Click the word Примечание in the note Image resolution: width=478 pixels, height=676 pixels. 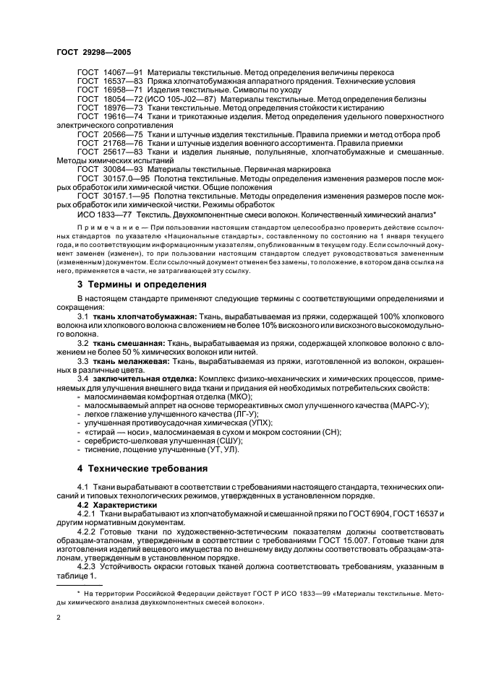[x=103, y=226]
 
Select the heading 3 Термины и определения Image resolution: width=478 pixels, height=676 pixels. [x=142, y=285]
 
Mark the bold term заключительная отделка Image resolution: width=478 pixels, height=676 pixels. [x=137, y=378]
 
